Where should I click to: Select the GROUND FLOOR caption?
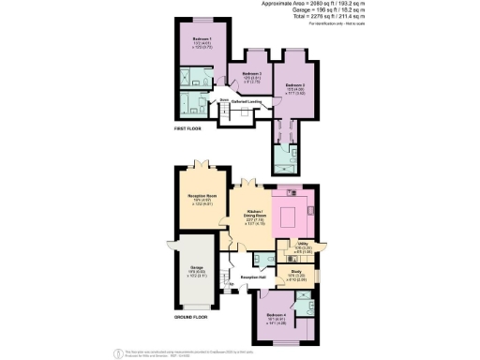(x=191, y=319)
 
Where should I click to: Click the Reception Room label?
(x=197, y=197)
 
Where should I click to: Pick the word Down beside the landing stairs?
(x=224, y=99)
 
